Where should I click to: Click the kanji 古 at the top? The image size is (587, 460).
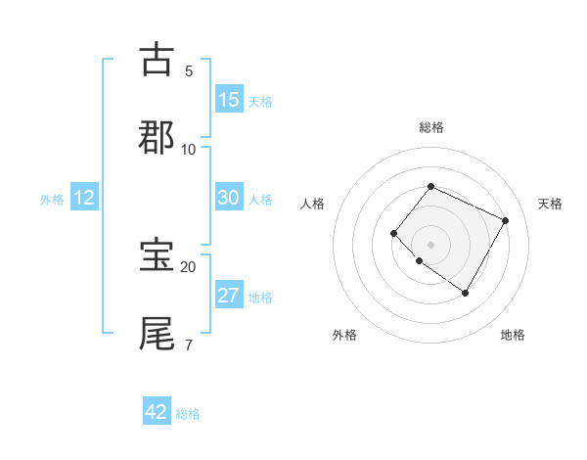coord(158,60)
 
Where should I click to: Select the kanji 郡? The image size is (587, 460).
coord(158,138)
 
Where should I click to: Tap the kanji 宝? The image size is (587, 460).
coord(158,255)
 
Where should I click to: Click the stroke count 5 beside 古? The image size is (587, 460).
coord(189,71)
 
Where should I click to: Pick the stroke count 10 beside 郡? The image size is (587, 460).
coord(189,149)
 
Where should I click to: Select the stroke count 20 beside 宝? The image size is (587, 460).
coord(189,266)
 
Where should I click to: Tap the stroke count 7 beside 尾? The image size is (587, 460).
coord(189,344)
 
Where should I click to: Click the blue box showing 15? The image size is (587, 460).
coord(229,100)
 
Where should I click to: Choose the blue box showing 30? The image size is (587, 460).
coord(229,198)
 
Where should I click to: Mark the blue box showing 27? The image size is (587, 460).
coord(229,296)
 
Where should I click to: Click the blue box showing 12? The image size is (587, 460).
coord(84,198)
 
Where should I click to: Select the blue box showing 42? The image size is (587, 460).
coord(157,412)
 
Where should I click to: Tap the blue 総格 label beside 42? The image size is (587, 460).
coord(188,414)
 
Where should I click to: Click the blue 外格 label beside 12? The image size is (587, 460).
coord(52,200)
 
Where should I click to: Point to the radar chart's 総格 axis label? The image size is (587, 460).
coord(430,127)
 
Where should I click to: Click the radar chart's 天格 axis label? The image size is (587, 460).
coord(551,204)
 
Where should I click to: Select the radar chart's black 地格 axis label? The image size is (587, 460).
coord(513,335)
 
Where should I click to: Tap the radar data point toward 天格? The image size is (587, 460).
coord(505,220)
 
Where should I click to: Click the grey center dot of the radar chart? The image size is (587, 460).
coord(430,244)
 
